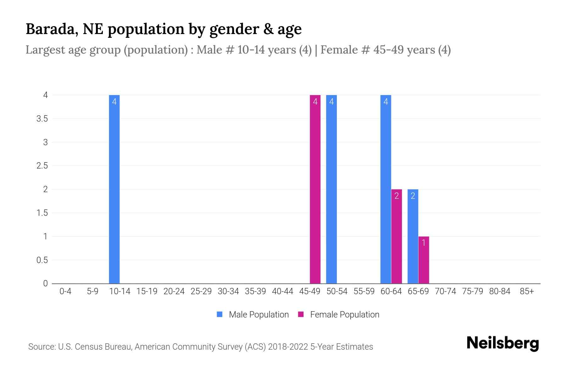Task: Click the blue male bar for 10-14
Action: point(114,189)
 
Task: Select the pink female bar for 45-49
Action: point(315,189)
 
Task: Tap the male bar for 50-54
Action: point(331,189)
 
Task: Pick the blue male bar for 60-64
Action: point(386,189)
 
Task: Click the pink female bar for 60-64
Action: point(397,236)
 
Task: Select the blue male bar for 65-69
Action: point(413,236)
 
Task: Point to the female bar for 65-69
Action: point(424,260)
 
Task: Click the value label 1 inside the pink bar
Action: point(424,243)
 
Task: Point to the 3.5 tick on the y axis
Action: point(42,119)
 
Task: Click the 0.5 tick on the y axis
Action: point(42,260)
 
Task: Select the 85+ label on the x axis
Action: point(527,291)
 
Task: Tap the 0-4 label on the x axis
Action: point(65,291)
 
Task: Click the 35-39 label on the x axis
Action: point(255,291)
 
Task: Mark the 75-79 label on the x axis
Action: point(472,291)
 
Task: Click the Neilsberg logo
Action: point(502,343)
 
